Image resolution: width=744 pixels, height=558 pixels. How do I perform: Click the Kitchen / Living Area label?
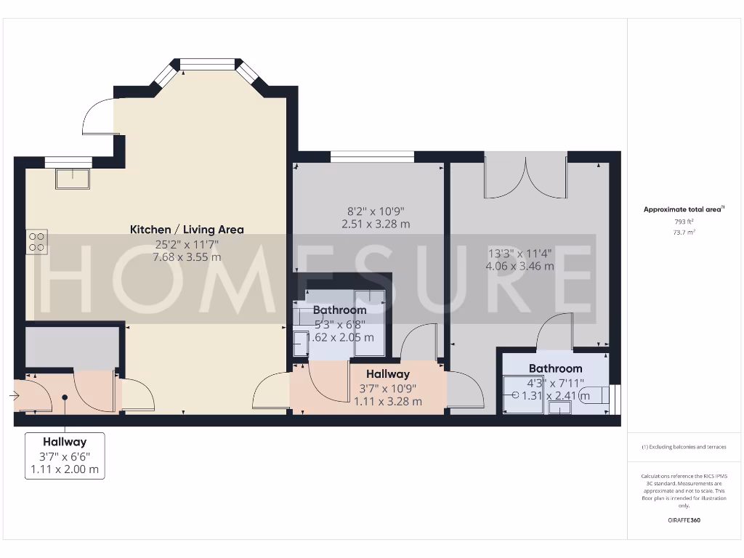click(187, 230)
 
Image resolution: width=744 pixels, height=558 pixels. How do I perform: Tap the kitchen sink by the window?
click(73, 178)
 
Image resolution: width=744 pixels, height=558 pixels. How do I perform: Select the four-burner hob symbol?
click(37, 242)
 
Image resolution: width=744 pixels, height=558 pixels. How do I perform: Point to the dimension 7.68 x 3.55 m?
click(187, 257)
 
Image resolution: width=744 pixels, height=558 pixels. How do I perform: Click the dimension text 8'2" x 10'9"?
click(376, 211)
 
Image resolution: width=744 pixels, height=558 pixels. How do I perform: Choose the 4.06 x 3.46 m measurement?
click(519, 266)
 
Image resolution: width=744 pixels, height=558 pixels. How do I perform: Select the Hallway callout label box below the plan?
click(65, 456)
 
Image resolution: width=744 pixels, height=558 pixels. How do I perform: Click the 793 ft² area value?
click(683, 221)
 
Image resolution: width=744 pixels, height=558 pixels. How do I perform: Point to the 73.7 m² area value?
click(683, 232)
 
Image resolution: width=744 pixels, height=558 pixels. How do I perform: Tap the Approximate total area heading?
click(683, 209)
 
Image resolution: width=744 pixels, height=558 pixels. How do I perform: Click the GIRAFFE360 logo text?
click(683, 520)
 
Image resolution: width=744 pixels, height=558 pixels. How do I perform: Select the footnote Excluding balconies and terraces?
click(683, 447)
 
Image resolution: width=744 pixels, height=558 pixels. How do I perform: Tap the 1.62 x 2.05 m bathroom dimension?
click(341, 337)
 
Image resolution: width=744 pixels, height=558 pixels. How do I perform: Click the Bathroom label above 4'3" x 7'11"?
click(555, 368)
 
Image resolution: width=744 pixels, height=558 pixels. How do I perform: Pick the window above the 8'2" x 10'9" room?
click(371, 155)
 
